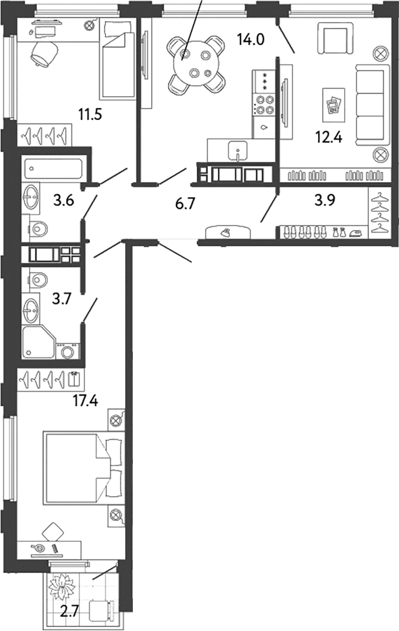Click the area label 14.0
251,39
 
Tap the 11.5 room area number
90,115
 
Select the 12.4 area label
329,138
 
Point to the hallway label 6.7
185,204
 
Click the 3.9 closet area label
325,200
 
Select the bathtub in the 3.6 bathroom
54,168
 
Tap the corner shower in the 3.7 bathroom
38,342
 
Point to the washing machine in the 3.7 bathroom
67,350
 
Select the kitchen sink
239,152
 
